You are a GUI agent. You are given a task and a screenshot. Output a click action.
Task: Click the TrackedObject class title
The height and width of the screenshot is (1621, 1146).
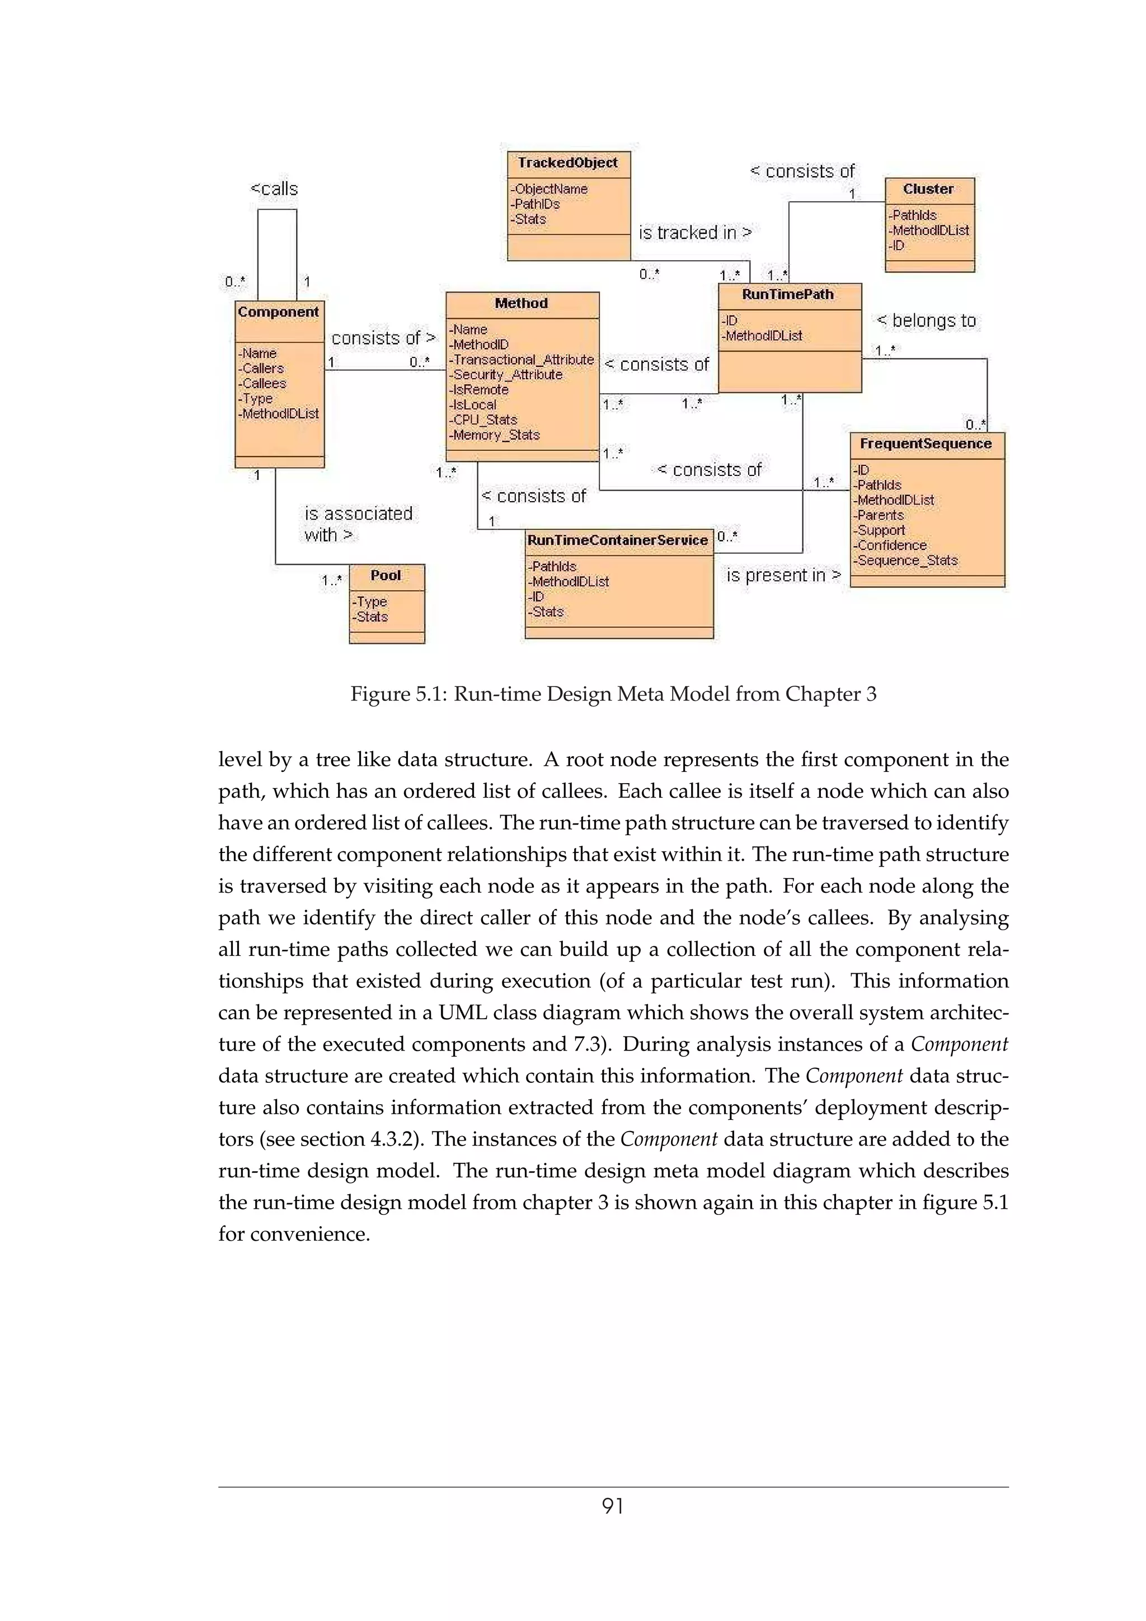coord(568,163)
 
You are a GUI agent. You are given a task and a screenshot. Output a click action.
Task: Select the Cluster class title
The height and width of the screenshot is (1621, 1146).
coord(928,189)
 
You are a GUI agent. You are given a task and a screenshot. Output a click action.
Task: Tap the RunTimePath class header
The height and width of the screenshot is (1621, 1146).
coord(787,294)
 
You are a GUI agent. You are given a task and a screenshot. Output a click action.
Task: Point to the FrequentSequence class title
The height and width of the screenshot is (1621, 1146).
coord(925,444)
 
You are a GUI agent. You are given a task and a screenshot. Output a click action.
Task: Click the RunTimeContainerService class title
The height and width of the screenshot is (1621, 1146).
coord(617,540)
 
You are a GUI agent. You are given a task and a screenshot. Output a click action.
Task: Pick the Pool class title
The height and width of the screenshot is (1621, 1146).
coord(386,576)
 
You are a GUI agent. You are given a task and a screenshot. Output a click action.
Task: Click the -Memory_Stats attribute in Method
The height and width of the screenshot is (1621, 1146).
coord(494,435)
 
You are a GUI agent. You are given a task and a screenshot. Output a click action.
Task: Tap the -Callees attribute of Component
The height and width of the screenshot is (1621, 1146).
coord(262,383)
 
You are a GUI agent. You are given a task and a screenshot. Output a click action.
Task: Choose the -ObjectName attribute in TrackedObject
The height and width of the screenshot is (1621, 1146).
coord(549,189)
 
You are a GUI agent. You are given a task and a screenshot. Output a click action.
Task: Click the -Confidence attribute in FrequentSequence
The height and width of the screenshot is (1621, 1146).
coord(890,545)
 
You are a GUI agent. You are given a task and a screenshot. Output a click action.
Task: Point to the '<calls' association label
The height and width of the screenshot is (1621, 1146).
coord(275,189)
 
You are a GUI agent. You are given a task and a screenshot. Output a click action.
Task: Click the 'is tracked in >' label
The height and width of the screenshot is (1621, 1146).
coord(695,233)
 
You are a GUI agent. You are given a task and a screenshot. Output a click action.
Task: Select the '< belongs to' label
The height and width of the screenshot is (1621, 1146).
coord(926,321)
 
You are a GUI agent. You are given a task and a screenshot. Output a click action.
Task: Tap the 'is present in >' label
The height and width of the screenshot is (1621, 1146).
coord(783,576)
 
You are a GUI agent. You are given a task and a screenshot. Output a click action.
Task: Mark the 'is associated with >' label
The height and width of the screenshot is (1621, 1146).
coord(358,524)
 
